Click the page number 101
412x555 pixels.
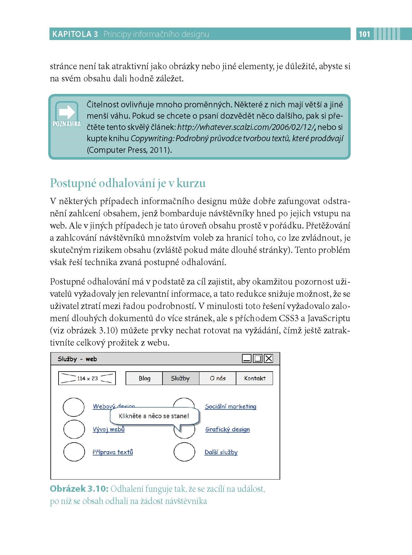(364, 34)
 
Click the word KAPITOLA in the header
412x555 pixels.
(72, 34)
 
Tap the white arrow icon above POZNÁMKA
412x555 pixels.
(67, 112)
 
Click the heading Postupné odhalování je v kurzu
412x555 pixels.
(128, 183)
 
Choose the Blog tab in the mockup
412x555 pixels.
(144, 378)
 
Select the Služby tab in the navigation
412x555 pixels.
(180, 378)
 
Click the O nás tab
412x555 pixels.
(218, 378)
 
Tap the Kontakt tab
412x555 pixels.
(255, 378)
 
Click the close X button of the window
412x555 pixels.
(269, 358)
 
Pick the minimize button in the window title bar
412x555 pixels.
(247, 358)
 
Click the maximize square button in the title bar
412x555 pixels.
(258, 358)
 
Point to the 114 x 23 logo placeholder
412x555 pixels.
(87, 378)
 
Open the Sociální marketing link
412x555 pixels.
(230, 407)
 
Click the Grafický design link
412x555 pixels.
(228, 429)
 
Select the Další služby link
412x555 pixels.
(221, 452)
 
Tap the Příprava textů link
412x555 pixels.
(113, 452)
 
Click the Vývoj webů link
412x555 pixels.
(109, 429)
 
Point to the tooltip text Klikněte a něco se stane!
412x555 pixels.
(154, 416)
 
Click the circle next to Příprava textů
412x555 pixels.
(74, 452)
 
